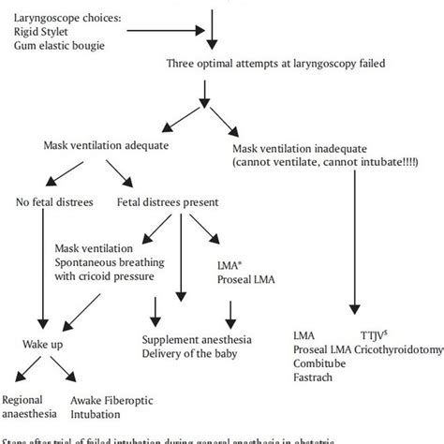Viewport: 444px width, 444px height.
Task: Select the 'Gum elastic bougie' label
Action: tap(52, 44)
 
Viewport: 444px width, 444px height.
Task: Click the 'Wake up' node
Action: tap(42, 344)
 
